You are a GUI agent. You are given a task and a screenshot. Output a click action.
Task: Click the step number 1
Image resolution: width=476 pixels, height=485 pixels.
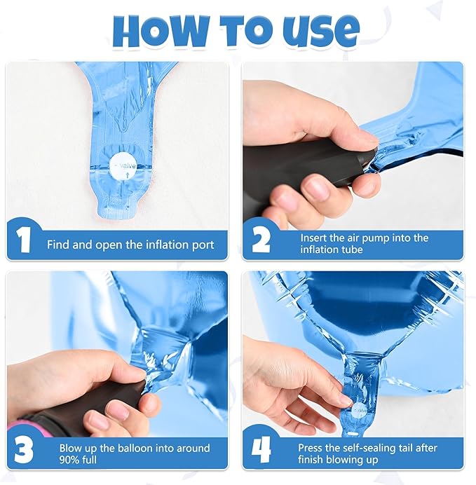23,240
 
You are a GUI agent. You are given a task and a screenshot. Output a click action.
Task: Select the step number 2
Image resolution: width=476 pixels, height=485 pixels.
261,240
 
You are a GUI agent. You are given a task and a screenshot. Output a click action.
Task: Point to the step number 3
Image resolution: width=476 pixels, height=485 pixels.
24,450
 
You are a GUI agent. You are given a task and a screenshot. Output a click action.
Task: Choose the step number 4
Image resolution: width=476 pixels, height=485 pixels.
261,450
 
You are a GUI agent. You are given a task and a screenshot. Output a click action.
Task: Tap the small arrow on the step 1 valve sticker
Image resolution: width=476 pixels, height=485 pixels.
128,176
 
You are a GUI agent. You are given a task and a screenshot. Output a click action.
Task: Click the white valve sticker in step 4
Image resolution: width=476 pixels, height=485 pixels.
360,411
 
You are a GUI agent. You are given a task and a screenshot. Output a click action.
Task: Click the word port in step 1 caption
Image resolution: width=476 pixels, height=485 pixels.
202,245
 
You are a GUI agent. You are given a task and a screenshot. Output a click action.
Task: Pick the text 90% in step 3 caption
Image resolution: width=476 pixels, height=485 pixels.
70,459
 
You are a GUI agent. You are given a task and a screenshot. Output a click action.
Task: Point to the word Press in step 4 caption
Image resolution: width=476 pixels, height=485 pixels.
311,448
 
